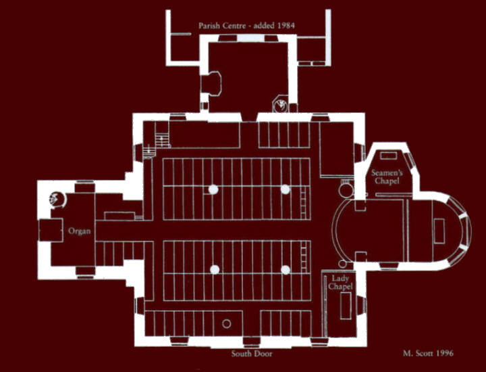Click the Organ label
coord(80,231)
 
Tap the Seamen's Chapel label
coord(387,177)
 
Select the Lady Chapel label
coord(340,282)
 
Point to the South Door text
coord(252,353)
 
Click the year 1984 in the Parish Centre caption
coord(286,26)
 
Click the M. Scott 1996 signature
coord(428,353)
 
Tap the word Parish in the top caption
coord(209,26)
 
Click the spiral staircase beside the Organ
coord(57,199)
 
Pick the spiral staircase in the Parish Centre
coord(281,104)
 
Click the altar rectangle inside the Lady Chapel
coord(346,306)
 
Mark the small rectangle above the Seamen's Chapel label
coord(389,156)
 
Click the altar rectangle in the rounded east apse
coord(439,231)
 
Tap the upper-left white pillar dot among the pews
coord(213,189)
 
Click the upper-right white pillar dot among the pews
coord(285,189)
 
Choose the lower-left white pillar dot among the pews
coord(215,269)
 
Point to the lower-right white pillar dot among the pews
coord(286,270)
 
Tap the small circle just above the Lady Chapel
coord(342,264)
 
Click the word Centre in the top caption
coord(236,26)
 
